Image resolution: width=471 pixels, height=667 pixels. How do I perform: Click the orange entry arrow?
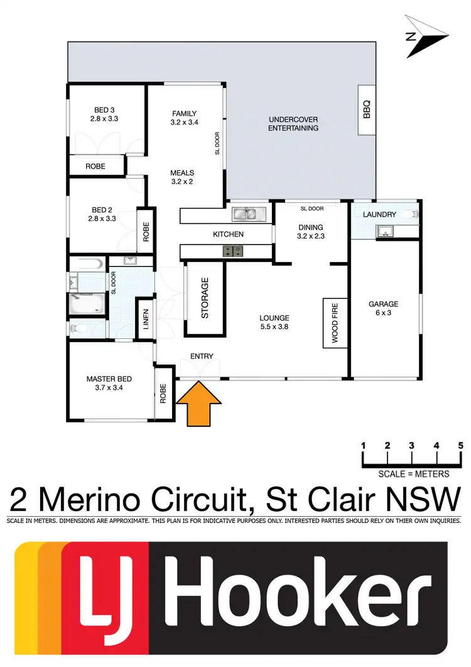pos(199,406)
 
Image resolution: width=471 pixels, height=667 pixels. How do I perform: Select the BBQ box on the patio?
pos(367,110)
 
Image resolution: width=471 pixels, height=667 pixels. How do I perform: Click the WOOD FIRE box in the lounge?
pos(334,322)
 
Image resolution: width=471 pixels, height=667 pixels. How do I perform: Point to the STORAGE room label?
pos(204,298)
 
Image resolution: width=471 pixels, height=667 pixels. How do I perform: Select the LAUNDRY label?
pos(379,214)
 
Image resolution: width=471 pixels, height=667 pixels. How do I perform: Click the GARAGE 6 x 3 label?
pos(383,308)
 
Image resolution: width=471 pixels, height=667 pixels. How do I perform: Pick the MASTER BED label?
pos(109,383)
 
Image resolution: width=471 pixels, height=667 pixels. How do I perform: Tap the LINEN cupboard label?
pos(146,321)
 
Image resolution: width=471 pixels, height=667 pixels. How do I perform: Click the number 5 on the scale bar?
pos(460,446)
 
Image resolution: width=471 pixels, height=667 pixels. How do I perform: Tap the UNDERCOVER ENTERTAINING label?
pos(293,124)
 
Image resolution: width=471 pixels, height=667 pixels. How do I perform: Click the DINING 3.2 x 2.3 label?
pos(310,232)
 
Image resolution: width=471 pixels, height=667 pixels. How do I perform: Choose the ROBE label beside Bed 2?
pos(146,229)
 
